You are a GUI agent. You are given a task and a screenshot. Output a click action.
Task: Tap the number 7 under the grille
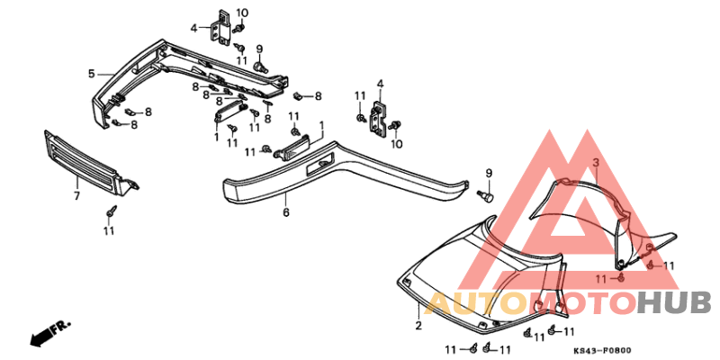76,195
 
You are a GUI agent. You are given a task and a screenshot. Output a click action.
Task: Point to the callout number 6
285,212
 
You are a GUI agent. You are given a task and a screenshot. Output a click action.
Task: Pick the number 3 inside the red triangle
595,162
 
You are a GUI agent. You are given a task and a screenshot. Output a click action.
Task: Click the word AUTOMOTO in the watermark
531,302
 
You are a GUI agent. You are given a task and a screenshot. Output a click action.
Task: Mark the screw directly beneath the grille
110,211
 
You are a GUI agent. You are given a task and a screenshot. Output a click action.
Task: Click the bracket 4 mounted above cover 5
220,26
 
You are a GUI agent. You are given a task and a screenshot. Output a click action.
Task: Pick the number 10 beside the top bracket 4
241,12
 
